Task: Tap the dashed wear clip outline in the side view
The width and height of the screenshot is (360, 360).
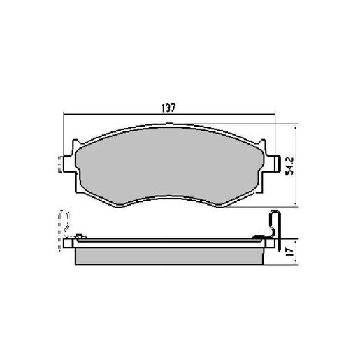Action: [63, 222]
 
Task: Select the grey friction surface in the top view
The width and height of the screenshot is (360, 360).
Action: [168, 164]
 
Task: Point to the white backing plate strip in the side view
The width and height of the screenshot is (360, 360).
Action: [168, 244]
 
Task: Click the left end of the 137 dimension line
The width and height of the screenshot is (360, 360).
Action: [63, 115]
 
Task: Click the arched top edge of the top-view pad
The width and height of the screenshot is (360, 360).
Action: [168, 127]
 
